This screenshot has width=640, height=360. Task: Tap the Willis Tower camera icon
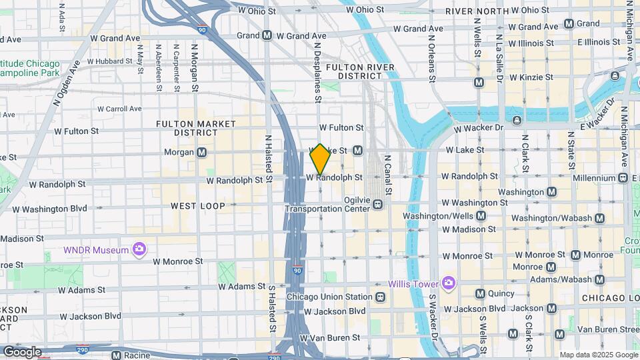448,283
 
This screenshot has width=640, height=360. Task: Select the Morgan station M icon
201,152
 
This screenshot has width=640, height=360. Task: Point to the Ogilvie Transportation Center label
327,204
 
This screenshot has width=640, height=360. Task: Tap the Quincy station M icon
480,293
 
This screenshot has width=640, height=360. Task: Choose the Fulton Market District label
195,128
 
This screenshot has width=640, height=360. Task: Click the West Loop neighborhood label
198,206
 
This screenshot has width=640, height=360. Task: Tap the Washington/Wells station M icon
481,216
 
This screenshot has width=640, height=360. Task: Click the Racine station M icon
117,355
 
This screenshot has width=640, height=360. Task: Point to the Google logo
22,351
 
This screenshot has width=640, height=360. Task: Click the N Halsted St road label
269,158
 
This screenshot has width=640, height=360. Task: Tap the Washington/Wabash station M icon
599,218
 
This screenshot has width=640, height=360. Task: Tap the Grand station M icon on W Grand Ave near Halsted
267,35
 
